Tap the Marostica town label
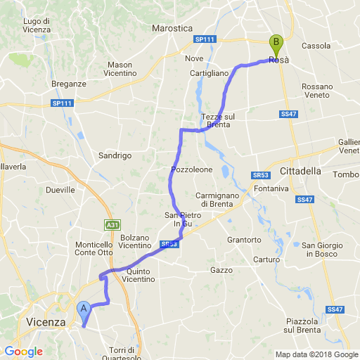point(172,28)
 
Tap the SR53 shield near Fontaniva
point(259,174)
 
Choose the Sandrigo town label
point(115,155)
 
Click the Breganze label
point(69,84)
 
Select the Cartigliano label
point(210,73)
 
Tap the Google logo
point(23,352)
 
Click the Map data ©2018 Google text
point(316,354)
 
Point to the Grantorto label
point(245,240)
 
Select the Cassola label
point(316,46)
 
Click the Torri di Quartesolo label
point(127,354)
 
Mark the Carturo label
point(267,259)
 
